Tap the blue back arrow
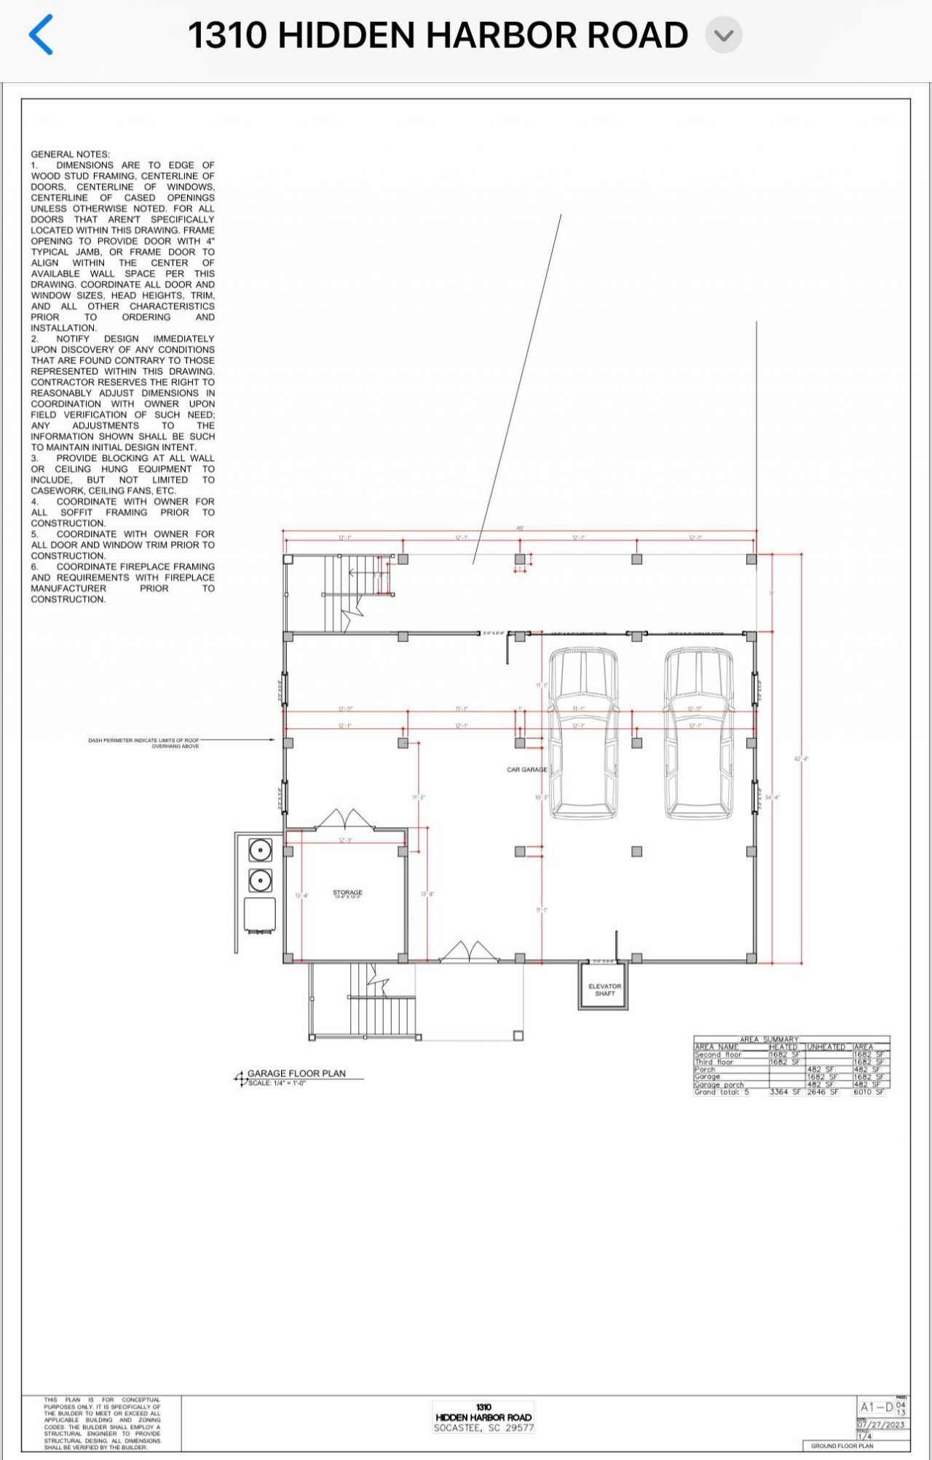click(x=42, y=35)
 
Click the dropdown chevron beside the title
click(x=724, y=36)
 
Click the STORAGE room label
click(x=347, y=893)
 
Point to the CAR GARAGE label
click(x=526, y=770)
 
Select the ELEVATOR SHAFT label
click(x=604, y=990)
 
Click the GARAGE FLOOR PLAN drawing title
click(x=296, y=1073)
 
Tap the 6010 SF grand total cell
click(x=869, y=1092)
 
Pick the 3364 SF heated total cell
click(x=786, y=1092)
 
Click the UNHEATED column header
click(x=826, y=1047)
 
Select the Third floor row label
click(x=714, y=1062)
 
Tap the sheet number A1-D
click(x=876, y=1408)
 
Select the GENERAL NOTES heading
click(x=70, y=154)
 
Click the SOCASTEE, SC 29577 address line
click(x=483, y=1428)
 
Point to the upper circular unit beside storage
click(x=261, y=850)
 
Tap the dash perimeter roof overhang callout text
click(x=143, y=743)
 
